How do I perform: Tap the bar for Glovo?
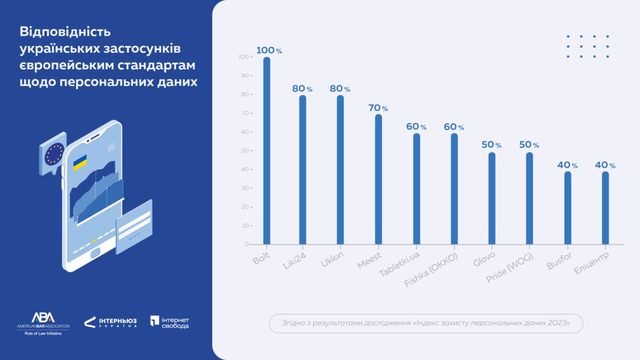click(x=492, y=198)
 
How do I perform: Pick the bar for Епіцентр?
click(x=605, y=208)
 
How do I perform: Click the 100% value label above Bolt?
click(x=269, y=51)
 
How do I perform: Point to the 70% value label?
click(x=378, y=108)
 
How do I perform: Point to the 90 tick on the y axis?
click(x=245, y=76)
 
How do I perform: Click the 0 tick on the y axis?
click(x=246, y=244)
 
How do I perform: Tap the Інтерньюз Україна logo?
click(x=110, y=322)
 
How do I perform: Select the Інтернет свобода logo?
click(x=170, y=322)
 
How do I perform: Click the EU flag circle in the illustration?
click(x=54, y=153)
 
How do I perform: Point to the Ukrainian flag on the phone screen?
click(x=80, y=163)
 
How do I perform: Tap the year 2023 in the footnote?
click(x=557, y=323)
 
